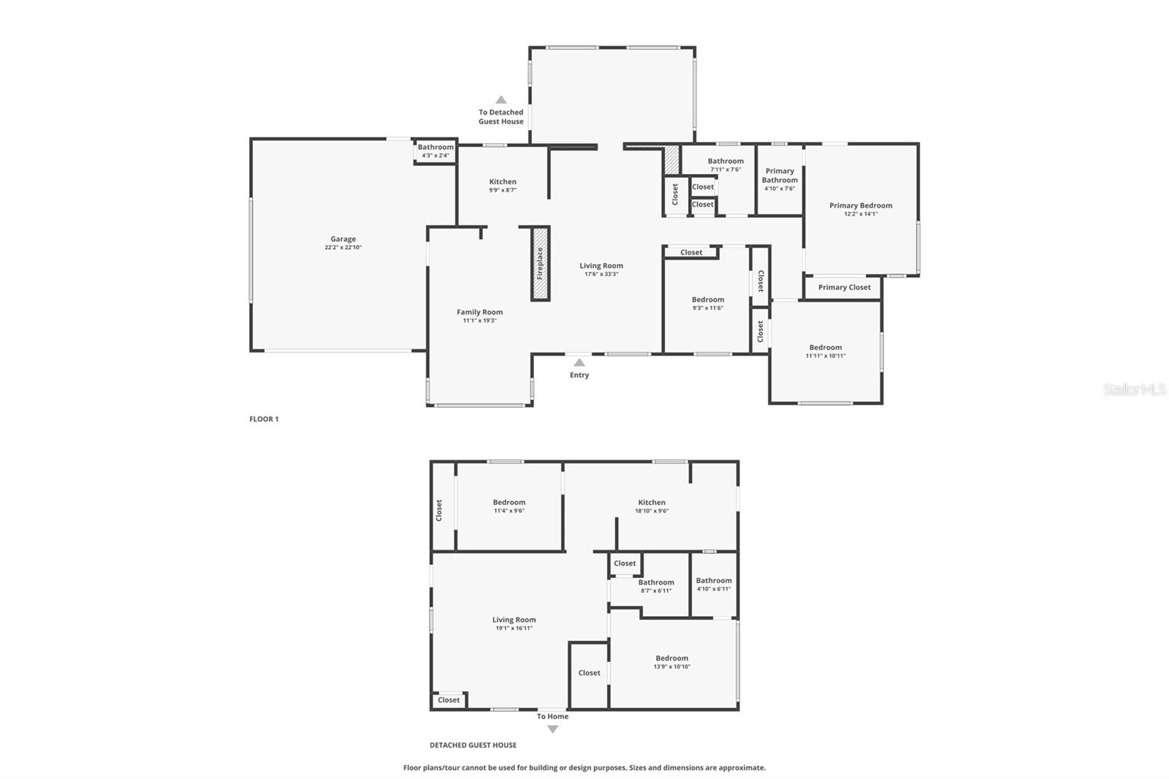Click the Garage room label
(x=343, y=239)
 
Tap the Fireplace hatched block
(x=540, y=264)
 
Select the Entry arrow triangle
(x=579, y=362)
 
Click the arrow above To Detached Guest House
(x=501, y=100)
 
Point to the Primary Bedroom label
(x=861, y=205)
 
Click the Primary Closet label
(x=844, y=287)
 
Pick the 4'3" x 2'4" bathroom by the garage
(x=435, y=151)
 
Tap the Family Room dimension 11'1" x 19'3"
(x=479, y=321)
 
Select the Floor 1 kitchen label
(x=503, y=182)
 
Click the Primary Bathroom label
(x=780, y=175)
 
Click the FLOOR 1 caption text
(x=264, y=419)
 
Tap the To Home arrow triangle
(x=553, y=729)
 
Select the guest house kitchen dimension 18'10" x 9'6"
(x=652, y=511)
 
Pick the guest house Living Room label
(x=514, y=620)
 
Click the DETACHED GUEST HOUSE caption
(x=473, y=745)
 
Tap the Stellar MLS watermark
(x=1135, y=389)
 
